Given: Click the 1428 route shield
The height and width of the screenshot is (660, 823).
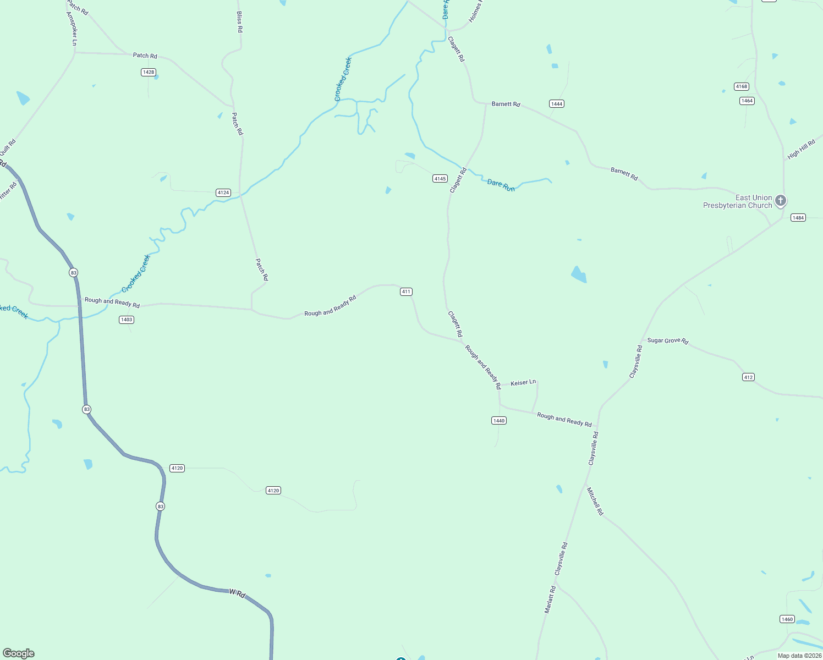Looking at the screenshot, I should [148, 72].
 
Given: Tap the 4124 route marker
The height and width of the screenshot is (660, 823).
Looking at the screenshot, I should [223, 193].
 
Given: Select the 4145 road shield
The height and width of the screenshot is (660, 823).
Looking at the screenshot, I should [440, 178].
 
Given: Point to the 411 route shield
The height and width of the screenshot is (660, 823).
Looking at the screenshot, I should [406, 291].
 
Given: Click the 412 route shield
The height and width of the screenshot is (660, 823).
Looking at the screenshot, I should [748, 377].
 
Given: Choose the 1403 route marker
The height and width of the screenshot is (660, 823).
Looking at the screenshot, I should [127, 320].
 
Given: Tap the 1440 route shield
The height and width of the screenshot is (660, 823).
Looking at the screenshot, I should [498, 420].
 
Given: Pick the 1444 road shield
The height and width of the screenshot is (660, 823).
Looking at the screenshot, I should [557, 103].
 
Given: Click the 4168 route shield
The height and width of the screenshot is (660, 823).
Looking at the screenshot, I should [742, 86].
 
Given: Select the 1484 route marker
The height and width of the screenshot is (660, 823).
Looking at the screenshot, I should [798, 218].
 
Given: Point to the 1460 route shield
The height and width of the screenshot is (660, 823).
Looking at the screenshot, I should [787, 619].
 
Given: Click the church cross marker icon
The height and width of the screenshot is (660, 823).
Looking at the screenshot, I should [781, 201].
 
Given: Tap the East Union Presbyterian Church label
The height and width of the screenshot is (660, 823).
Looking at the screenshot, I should [738, 201].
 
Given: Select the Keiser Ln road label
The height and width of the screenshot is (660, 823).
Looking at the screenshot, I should [523, 382].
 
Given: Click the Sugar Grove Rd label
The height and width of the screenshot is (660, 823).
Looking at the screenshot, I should [667, 340].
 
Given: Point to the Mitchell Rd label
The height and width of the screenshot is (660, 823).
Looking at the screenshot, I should [595, 501].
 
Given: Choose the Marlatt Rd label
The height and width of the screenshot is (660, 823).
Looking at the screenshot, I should [550, 599].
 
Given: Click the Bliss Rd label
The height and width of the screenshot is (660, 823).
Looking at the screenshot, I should [239, 22].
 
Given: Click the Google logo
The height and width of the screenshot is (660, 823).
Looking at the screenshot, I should [19, 653].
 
